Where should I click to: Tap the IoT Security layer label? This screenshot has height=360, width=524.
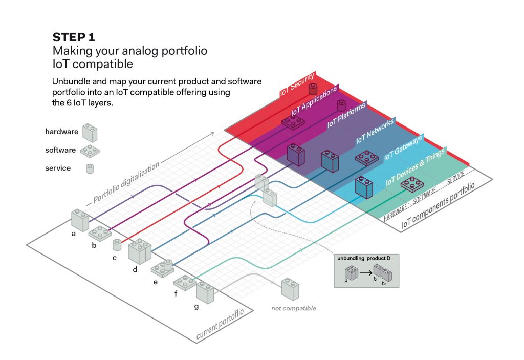coord(297,85)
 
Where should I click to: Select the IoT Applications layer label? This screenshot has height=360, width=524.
coord(314,101)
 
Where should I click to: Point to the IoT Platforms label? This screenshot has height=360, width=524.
coord(347,115)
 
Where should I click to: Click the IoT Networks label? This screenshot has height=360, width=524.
coord(375,132)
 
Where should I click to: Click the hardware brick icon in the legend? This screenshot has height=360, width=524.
coord(91,133)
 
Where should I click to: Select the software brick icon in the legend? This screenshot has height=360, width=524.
coord(90,151)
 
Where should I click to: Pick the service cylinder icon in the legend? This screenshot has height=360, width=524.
coord(90,168)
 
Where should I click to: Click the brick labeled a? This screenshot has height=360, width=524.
coord(80,220)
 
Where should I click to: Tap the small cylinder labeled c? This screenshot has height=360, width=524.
coord(117,244)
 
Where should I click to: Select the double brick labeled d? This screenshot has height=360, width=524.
coord(139,251)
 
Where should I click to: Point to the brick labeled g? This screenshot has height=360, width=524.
coord(205,292)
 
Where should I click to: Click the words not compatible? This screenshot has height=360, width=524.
coord(294,308)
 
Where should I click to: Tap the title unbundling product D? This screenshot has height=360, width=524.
coord(363,257)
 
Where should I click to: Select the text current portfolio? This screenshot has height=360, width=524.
coord(224,324)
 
